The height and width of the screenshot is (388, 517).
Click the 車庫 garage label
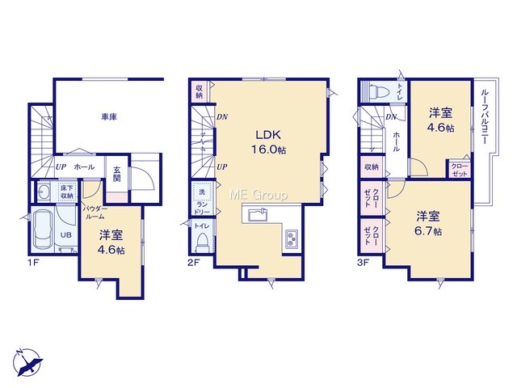[x=109, y=116]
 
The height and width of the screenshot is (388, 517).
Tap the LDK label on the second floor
[x=268, y=135]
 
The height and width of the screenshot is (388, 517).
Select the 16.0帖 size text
[x=268, y=150]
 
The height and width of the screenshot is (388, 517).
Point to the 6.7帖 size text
[x=428, y=231]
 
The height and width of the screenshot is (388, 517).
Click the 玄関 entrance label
[x=117, y=175]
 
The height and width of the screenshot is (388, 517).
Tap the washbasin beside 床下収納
[x=43, y=191]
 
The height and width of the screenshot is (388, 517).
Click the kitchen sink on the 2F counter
[x=258, y=215]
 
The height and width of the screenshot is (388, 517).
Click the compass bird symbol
[x=28, y=363]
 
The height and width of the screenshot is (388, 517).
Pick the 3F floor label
[x=363, y=264]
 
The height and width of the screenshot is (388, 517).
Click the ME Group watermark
[x=258, y=195]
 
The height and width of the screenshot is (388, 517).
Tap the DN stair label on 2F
[x=222, y=116]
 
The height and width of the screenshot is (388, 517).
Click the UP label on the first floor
[x=61, y=167]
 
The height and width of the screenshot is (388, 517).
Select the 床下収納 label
[x=67, y=192]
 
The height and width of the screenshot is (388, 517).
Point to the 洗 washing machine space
[x=202, y=192]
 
